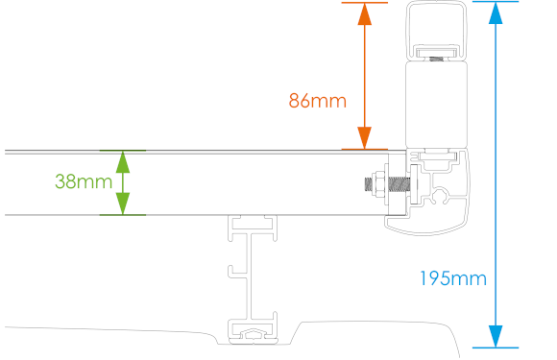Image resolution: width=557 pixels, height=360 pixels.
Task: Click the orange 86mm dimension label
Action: (x=317, y=101)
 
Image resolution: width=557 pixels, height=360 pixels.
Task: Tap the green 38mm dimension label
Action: (x=84, y=181)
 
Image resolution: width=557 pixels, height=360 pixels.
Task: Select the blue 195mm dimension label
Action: (x=453, y=278)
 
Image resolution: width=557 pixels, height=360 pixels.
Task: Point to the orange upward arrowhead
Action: (x=365, y=14)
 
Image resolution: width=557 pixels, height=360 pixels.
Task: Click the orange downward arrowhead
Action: (x=365, y=137)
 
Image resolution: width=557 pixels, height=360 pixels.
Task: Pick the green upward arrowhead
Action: (x=123, y=162)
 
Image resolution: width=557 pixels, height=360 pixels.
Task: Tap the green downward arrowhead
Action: (x=123, y=204)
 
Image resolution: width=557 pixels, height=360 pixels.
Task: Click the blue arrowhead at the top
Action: (x=496, y=13)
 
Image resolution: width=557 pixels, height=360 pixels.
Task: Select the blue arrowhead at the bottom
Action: (x=496, y=336)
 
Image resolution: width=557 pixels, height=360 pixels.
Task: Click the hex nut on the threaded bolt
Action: (x=378, y=183)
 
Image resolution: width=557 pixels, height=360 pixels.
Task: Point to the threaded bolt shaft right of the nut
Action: (x=399, y=183)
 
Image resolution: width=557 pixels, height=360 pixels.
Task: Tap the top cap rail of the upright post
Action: (x=436, y=29)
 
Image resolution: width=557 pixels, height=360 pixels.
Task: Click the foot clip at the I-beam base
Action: (x=253, y=334)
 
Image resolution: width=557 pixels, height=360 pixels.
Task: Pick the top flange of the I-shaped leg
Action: (x=253, y=228)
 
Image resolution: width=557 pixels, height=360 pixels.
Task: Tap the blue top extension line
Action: (x=496, y=1)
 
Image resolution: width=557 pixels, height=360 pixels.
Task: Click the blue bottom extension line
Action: (x=496, y=348)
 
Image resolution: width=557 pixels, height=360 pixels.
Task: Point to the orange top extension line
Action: (x=365, y=3)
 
